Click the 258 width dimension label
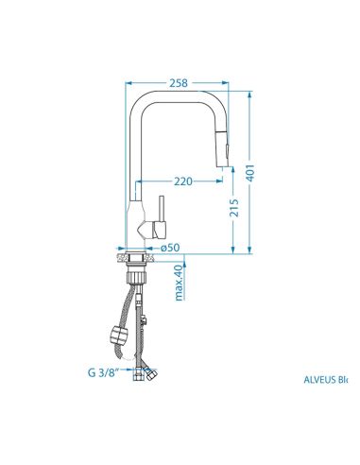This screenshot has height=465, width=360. click(179, 83)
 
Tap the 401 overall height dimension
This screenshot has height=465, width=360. click(249, 173)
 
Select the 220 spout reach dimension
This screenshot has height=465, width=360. click(183, 181)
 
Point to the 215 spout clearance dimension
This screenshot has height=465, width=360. click(233, 207)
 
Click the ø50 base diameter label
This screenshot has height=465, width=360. click(170, 248)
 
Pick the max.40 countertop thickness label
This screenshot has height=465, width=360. click(179, 283)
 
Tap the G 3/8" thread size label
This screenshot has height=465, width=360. click(103, 373)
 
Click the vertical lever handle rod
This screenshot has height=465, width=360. click(162, 209)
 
